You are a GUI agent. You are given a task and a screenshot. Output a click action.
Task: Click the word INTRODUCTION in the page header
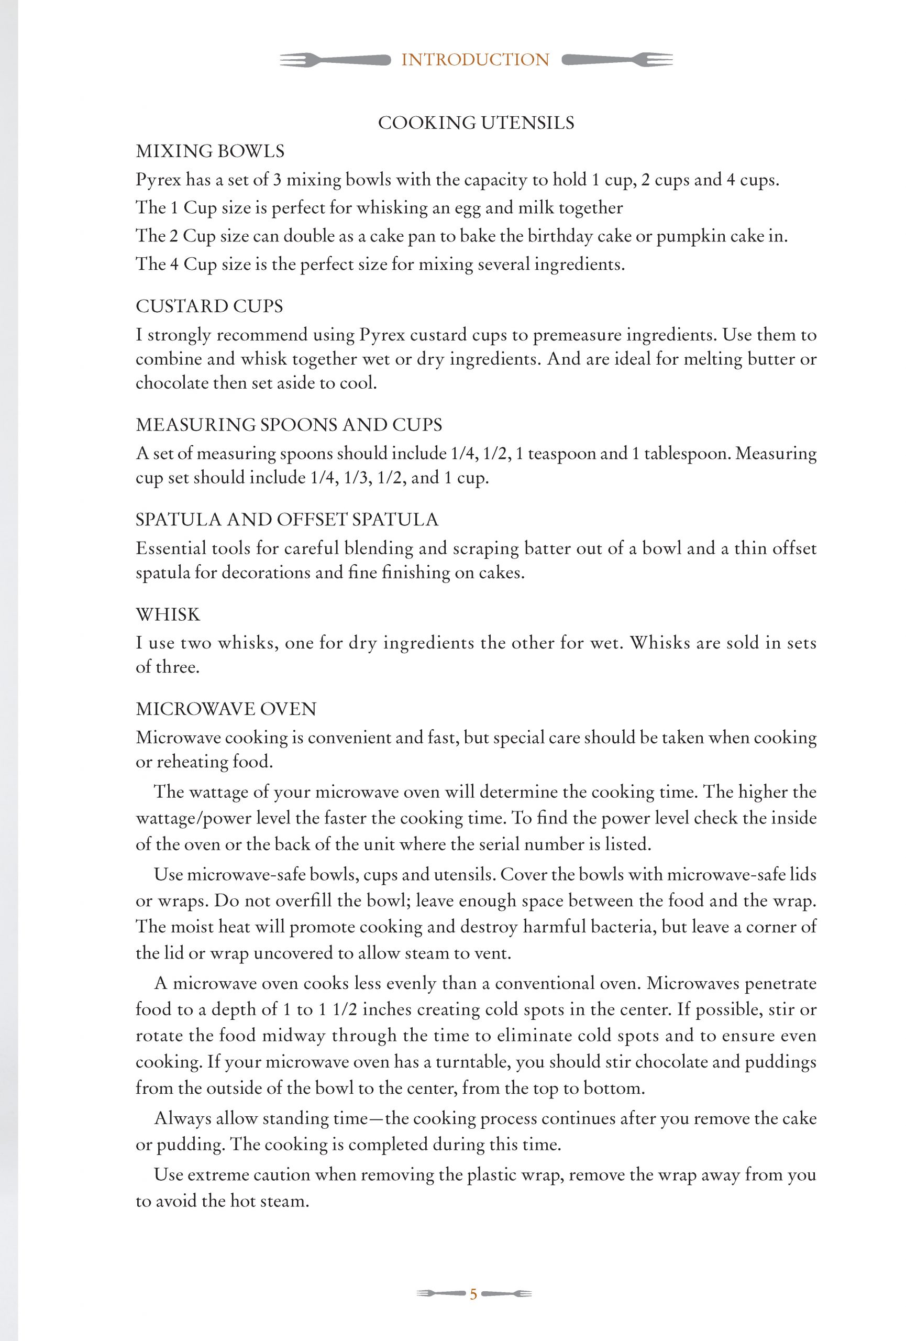(x=475, y=59)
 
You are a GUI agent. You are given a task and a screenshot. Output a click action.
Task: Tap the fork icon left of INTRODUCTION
(x=334, y=59)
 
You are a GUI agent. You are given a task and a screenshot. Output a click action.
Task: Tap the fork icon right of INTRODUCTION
(x=616, y=59)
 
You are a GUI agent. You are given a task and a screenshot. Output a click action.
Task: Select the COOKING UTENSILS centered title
(x=476, y=123)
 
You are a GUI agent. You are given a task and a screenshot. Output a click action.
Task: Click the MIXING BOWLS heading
(x=210, y=151)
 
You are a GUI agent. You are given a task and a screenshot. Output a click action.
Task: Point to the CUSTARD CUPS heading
(x=209, y=306)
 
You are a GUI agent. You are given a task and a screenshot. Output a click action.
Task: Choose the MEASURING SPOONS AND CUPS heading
(x=289, y=425)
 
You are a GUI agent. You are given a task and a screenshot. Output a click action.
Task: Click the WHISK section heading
(x=168, y=614)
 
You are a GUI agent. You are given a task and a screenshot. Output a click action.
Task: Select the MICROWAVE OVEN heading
(x=226, y=709)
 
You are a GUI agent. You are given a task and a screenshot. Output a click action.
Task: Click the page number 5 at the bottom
(x=473, y=1294)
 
